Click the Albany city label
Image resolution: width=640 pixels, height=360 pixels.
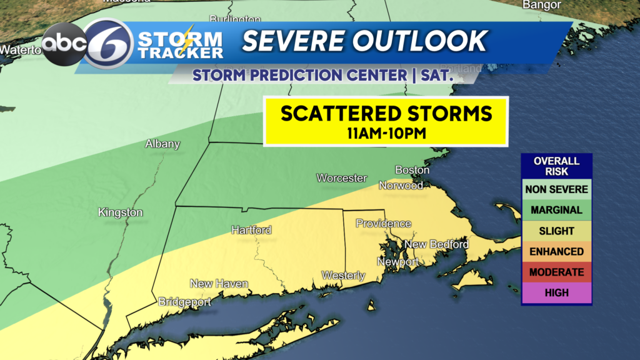(162, 144)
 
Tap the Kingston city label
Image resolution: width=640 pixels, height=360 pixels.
(121, 212)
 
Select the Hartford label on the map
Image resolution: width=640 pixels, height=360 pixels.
(251, 230)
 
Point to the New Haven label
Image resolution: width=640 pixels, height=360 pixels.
(219, 284)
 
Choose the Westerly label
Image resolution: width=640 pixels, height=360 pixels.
(343, 275)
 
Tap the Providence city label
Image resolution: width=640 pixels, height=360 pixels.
(384, 223)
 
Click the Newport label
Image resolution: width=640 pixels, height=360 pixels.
(398, 262)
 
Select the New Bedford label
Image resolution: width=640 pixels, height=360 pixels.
(437, 244)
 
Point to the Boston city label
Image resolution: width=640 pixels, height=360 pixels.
(412, 170)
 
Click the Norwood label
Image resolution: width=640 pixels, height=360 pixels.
(401, 185)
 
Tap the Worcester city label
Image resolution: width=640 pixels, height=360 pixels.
(341, 178)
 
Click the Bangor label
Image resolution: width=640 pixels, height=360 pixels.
(542, 5)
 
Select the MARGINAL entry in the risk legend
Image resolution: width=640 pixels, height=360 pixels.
(557, 210)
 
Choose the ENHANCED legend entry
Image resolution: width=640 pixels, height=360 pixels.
(557, 252)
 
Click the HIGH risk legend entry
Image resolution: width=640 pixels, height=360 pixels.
(557, 293)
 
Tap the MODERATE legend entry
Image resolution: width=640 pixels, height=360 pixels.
(557, 272)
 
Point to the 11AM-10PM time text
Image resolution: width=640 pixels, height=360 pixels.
(386, 132)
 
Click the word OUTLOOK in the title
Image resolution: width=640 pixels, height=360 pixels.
(419, 41)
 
